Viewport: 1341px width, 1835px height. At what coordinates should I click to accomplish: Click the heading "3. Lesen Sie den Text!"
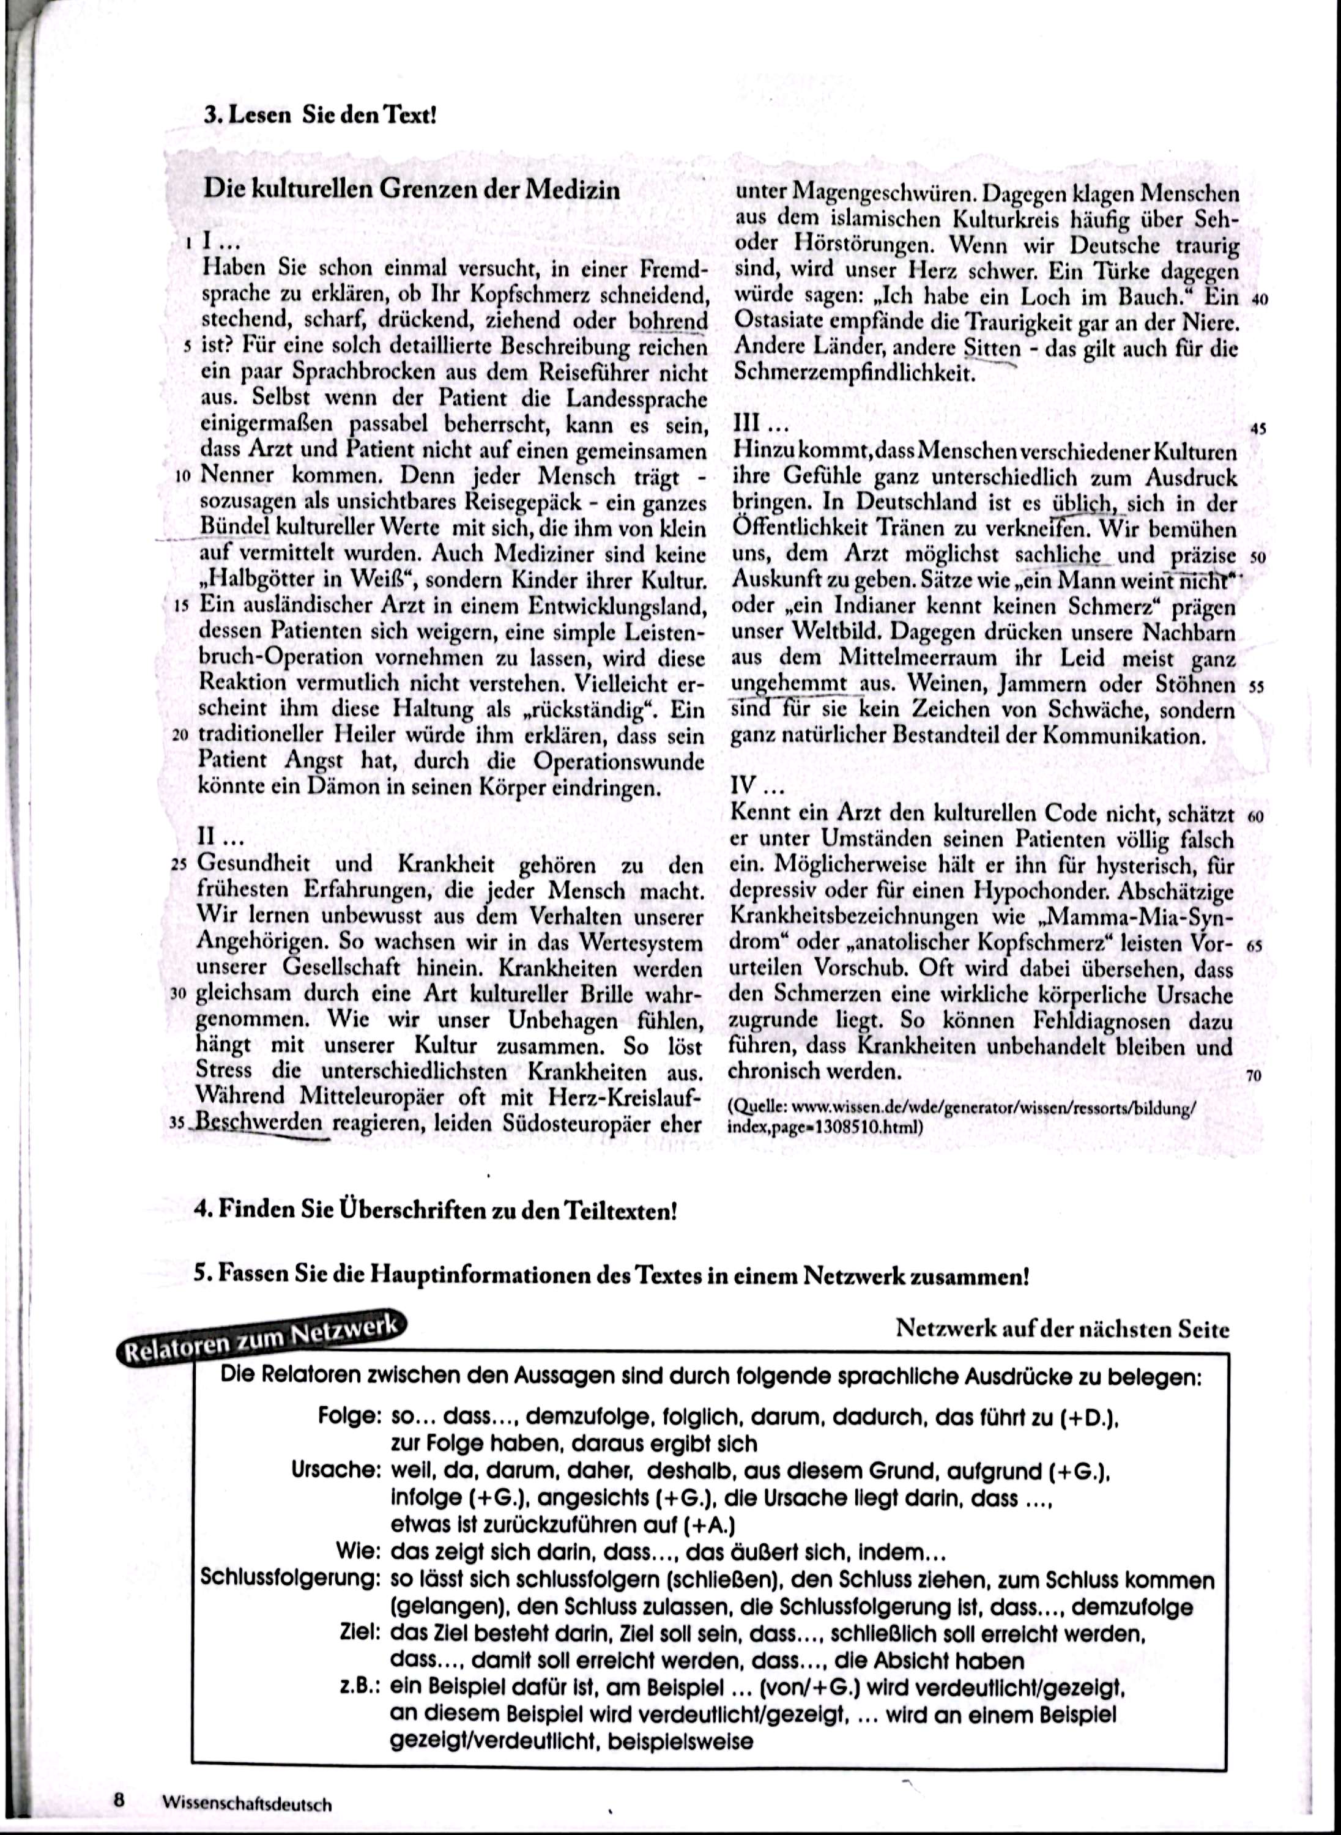tap(320, 114)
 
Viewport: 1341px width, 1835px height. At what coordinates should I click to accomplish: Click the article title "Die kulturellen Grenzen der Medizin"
tap(412, 190)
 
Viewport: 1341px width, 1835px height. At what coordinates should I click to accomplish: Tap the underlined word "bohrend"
tap(668, 321)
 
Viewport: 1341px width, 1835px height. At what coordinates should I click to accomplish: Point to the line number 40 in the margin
tap(1259, 298)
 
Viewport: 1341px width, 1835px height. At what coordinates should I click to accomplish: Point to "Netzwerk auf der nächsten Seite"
tap(1062, 1329)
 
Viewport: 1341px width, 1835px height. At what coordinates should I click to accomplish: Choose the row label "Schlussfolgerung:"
tap(291, 1579)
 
